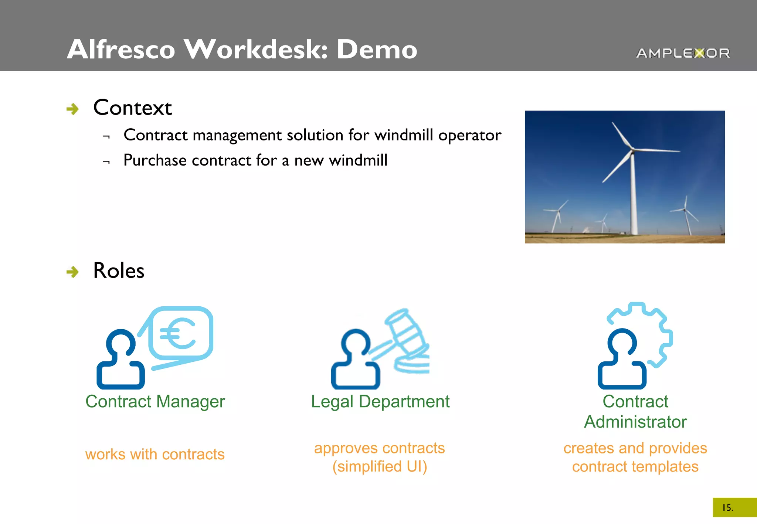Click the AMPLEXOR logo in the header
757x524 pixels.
[x=683, y=53]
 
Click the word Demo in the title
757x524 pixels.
[x=377, y=50]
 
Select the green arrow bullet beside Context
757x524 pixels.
[x=72, y=109]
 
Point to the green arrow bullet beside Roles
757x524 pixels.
[x=72, y=272]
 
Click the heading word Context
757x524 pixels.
[x=132, y=108]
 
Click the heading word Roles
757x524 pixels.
[x=119, y=271]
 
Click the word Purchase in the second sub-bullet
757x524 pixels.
[x=155, y=160]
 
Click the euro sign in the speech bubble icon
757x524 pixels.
[x=178, y=334]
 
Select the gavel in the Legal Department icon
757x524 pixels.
[x=403, y=333]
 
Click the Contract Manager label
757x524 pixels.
[x=155, y=402]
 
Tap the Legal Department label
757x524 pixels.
[x=380, y=402]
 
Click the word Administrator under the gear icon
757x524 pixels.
[x=635, y=422]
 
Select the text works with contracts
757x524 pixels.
[x=155, y=455]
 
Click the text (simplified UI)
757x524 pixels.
[x=380, y=467]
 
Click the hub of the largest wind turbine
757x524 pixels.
[x=632, y=150]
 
